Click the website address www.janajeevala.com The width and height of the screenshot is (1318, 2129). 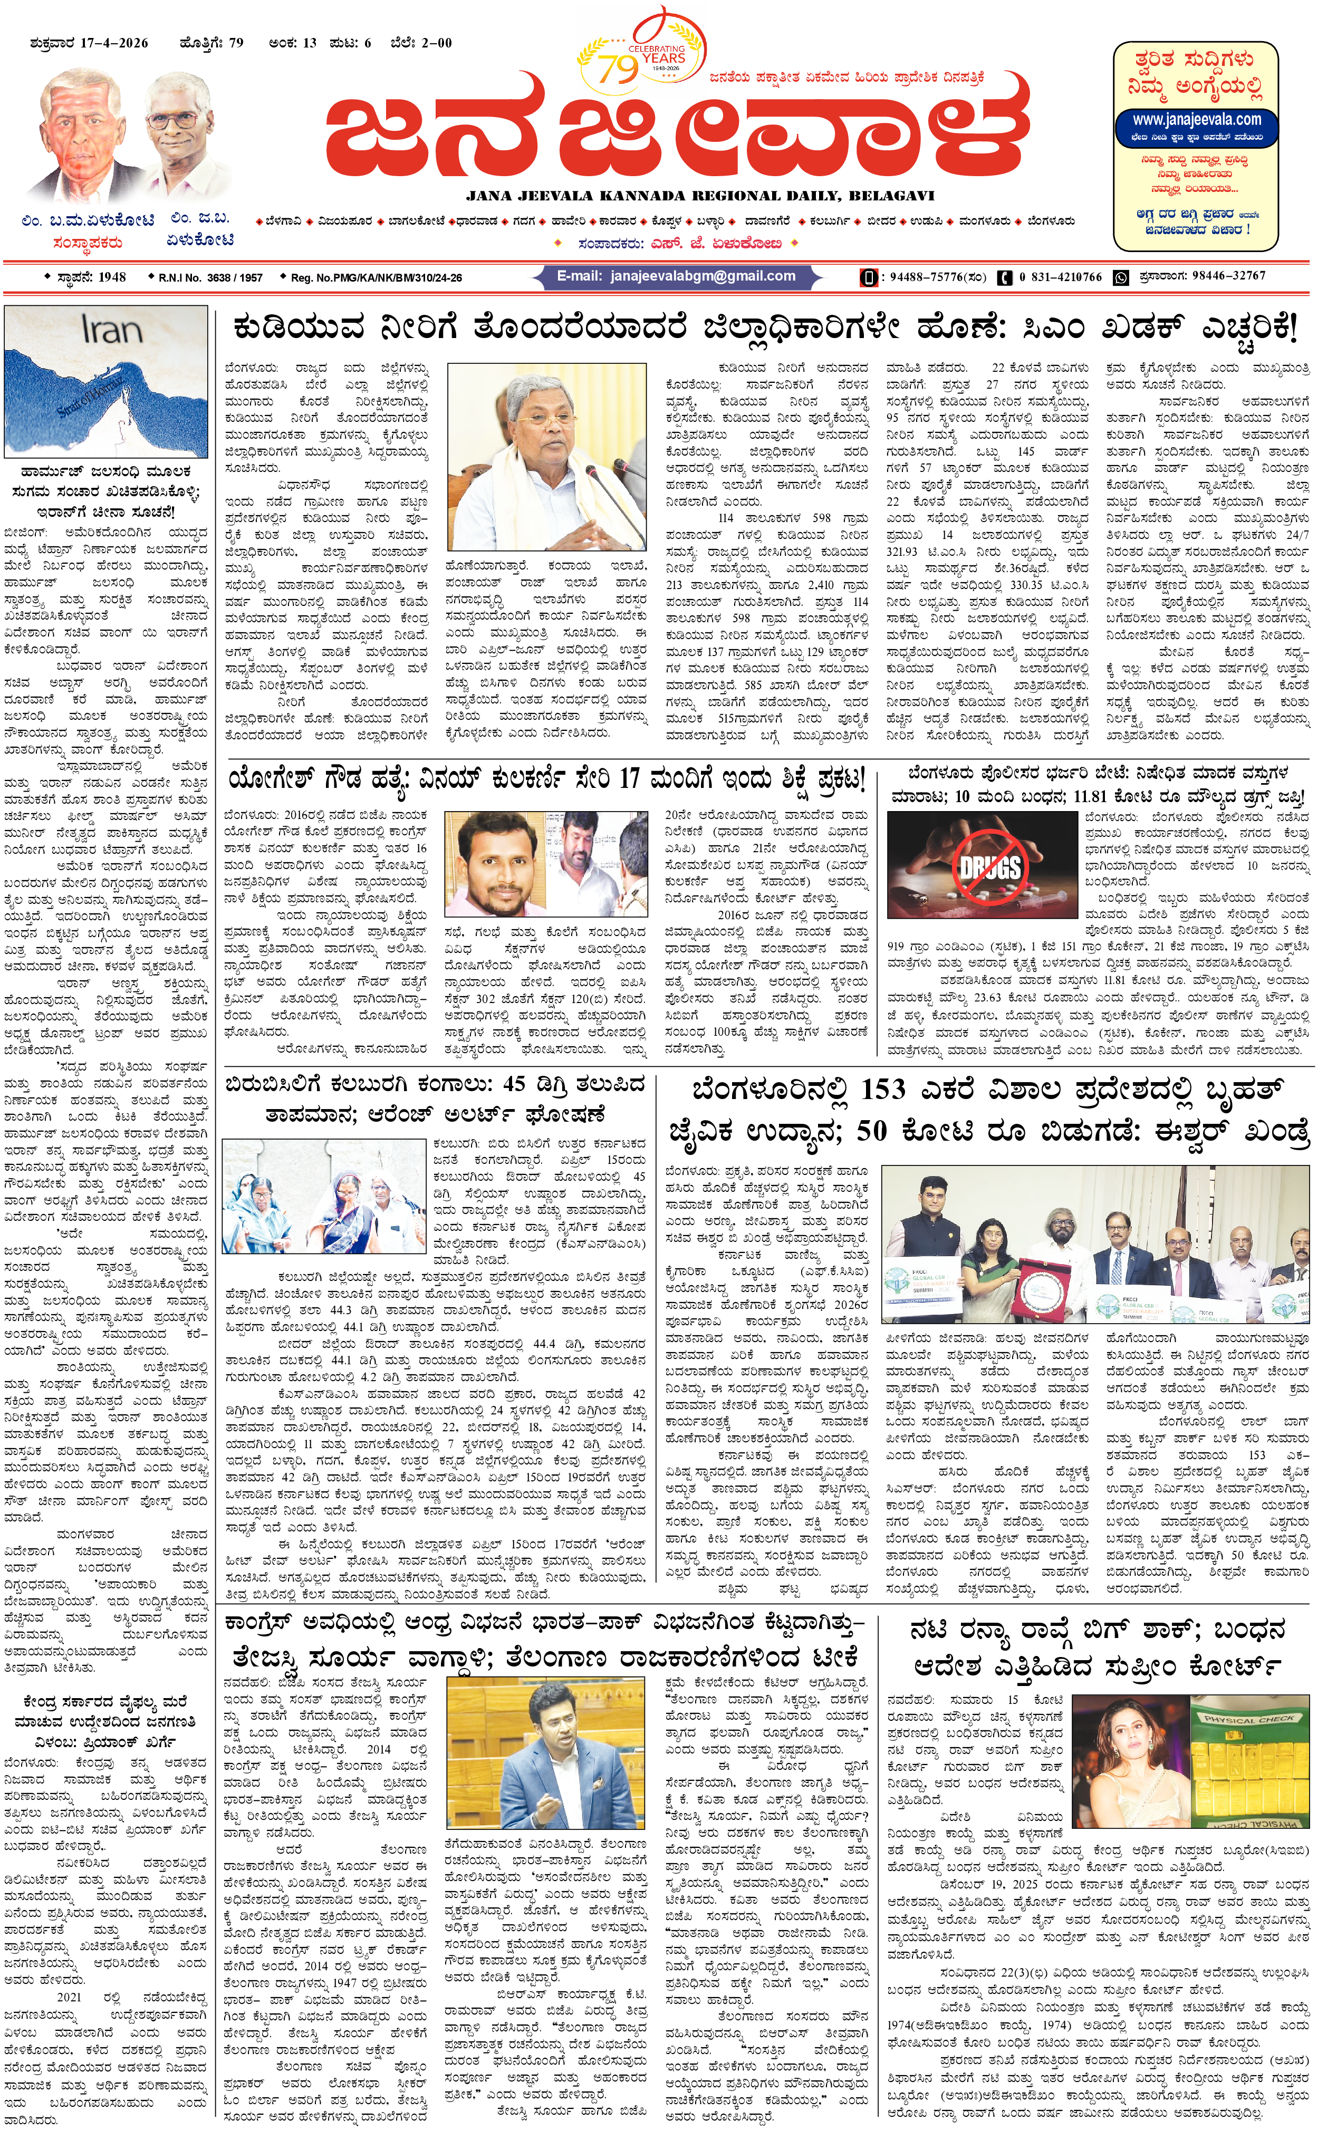tap(1196, 119)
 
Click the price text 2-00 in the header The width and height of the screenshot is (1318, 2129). tap(436, 43)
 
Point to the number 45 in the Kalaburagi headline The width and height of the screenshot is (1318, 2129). tap(514, 1085)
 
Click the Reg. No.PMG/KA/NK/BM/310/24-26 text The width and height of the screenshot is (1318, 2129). tap(377, 278)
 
